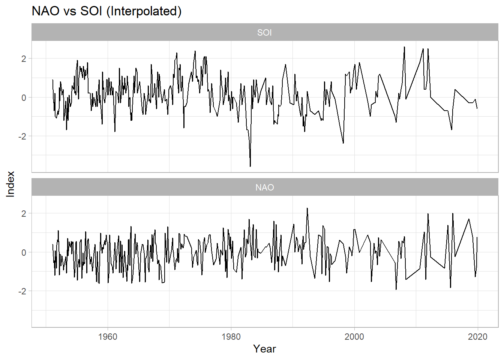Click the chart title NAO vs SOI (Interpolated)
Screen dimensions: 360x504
point(106,11)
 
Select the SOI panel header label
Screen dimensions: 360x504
point(264,33)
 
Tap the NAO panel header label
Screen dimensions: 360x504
point(264,187)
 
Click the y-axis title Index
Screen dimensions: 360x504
point(10,184)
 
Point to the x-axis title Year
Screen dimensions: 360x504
point(264,349)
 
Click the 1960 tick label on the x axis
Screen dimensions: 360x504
point(108,337)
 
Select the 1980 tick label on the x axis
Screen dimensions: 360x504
point(231,337)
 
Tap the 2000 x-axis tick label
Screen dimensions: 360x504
point(354,337)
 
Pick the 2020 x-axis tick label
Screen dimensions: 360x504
point(477,337)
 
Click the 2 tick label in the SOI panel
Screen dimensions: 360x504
point(24,58)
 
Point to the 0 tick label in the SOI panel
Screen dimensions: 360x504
point(24,97)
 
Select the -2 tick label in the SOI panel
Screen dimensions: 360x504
point(22,136)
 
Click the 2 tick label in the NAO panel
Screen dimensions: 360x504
point(24,214)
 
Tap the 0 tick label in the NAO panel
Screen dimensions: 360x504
point(24,252)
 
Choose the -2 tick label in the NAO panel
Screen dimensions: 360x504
point(22,291)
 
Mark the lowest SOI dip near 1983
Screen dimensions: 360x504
point(250,166)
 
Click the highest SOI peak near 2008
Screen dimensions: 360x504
point(404,47)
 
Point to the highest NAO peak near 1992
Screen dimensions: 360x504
point(307,208)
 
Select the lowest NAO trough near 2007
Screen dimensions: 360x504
point(396,289)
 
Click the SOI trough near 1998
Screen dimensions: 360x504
point(343,143)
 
